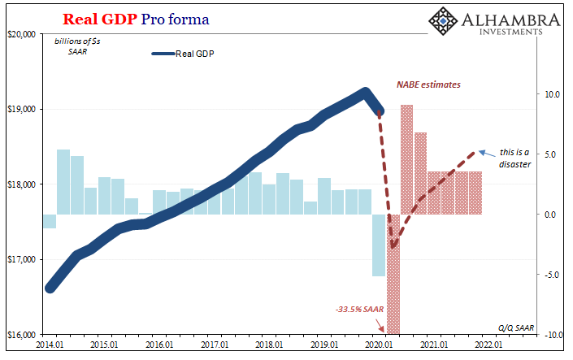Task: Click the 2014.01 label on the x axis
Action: [x=50, y=345]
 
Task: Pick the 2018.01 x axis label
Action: [x=269, y=345]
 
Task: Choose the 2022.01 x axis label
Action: [x=488, y=345]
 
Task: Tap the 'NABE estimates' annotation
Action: [x=428, y=85]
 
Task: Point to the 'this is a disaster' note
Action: [x=514, y=158]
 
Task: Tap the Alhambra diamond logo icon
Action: [x=444, y=23]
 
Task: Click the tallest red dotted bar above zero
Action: [x=406, y=159]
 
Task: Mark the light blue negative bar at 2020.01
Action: [x=378, y=245]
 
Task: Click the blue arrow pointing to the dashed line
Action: [x=486, y=152]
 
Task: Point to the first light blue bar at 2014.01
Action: [x=50, y=221]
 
